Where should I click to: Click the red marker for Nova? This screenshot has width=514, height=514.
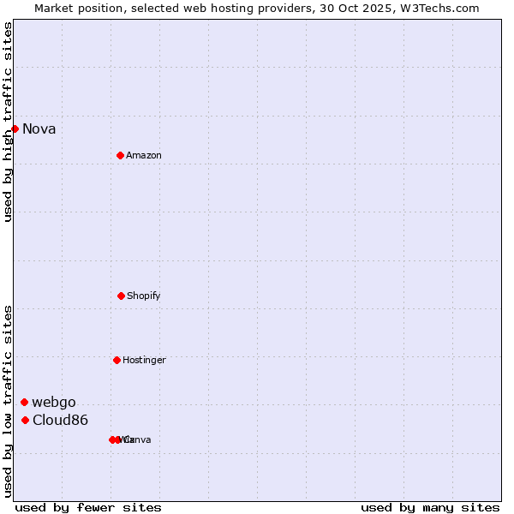pos(15,129)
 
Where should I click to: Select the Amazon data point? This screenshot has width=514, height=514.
pos(120,155)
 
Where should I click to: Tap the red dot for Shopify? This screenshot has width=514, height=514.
pos(121,296)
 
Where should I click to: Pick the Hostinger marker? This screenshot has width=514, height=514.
pos(117,360)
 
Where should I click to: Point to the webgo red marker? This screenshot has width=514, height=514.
pos(24,402)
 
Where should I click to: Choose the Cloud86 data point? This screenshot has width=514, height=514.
pos(25,420)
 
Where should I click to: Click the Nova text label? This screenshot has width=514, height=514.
pos(39,129)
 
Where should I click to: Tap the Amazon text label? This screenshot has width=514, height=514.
pos(144,155)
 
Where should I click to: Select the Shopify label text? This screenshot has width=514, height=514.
pos(144,296)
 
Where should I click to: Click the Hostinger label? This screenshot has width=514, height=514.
pos(144,360)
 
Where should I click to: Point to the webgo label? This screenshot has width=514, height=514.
pos(54,402)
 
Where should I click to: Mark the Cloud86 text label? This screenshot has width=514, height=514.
pos(60,420)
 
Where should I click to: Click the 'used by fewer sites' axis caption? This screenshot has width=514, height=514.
pos(88,507)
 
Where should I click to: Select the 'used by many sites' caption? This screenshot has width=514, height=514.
pos(430,507)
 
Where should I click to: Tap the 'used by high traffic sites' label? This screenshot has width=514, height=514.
pos(8,122)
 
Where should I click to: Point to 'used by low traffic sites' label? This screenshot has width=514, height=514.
pos(8,401)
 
